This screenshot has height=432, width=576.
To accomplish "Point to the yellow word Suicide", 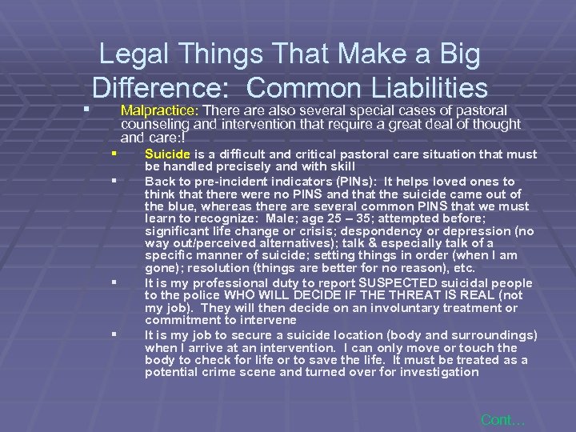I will (166, 154).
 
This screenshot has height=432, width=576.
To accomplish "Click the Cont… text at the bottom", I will (503, 419).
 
